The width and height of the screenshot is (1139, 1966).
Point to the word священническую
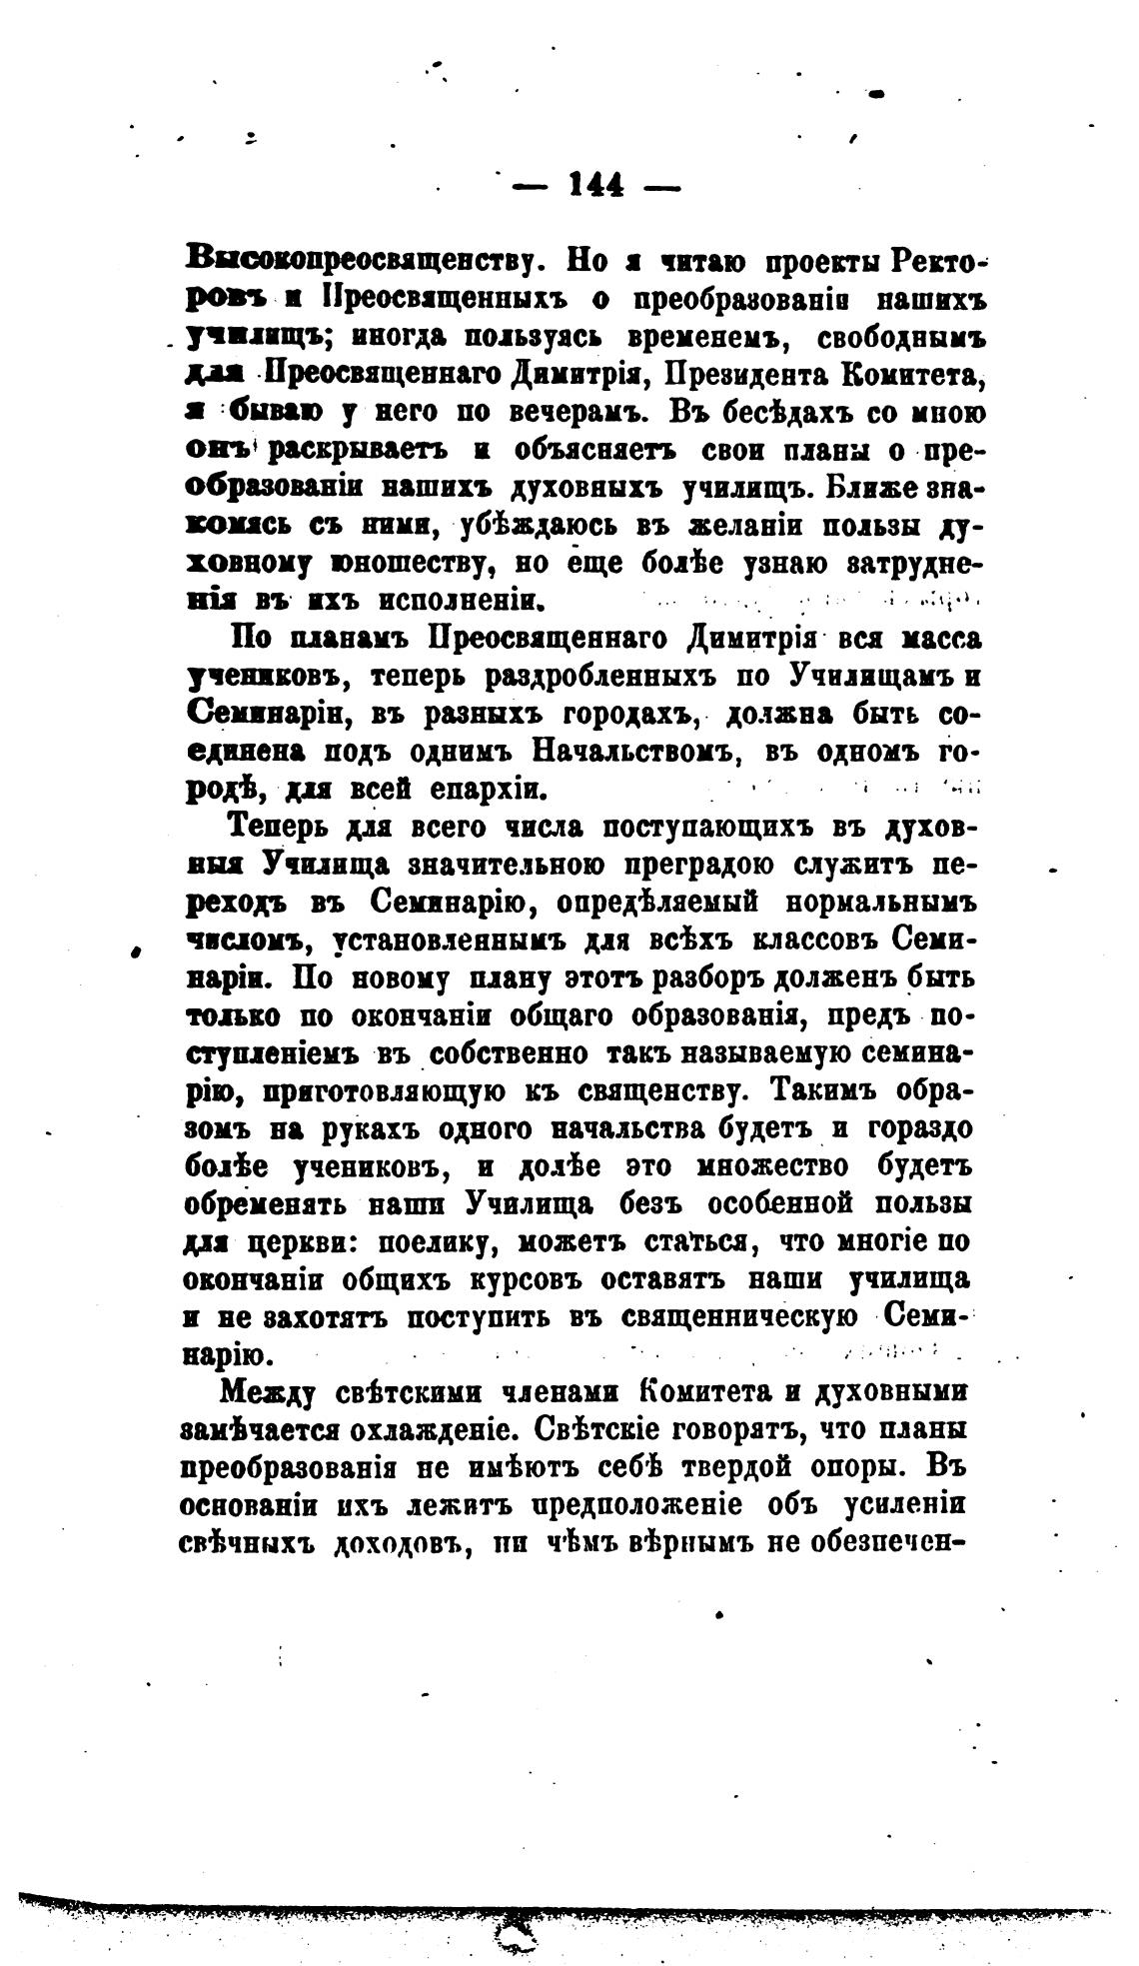pyautogui.click(x=741, y=1317)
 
